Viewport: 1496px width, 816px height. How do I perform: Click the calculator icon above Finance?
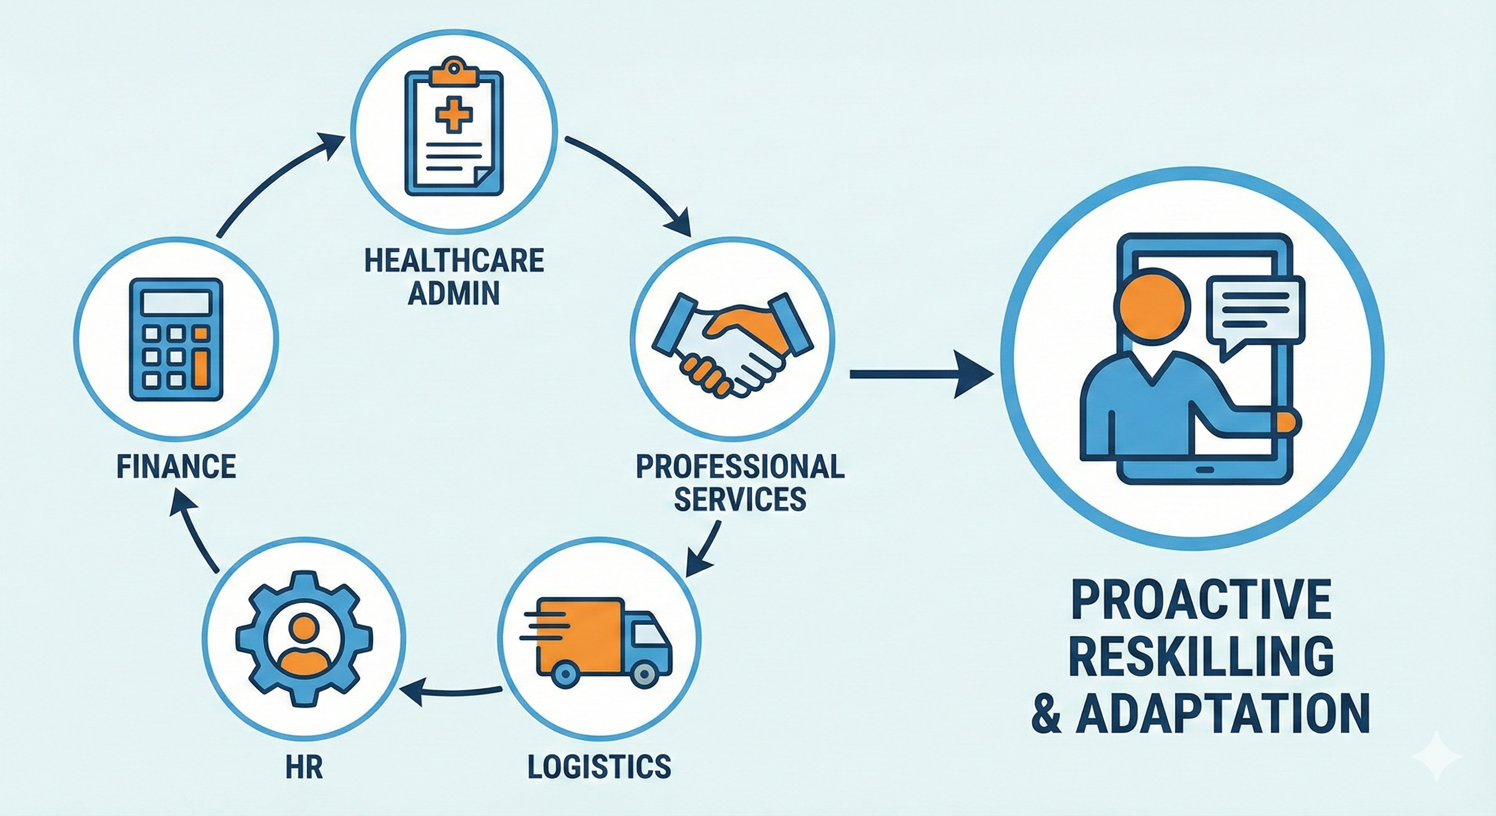(x=175, y=340)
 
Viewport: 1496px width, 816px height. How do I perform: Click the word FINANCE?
(x=176, y=466)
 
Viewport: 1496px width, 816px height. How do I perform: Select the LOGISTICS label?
(x=599, y=766)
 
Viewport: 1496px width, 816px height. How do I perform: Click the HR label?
(x=304, y=766)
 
